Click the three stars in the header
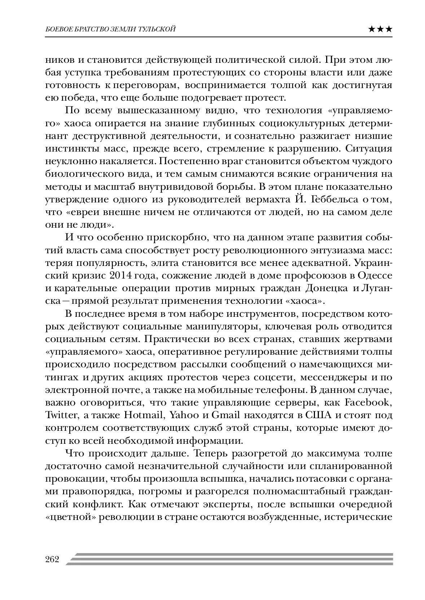pyautogui.click(x=381, y=30)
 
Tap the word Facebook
pyautogui.click(x=368, y=402)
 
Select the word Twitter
pyautogui.click(x=61, y=415)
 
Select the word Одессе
pyautogui.click(x=375, y=276)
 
